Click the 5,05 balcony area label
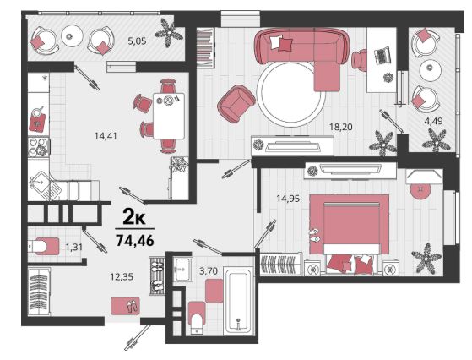pos(137,41)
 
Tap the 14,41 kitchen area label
pos(106,136)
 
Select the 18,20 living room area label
pos(341,127)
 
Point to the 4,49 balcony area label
pos(433,121)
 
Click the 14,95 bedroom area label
pos(288,199)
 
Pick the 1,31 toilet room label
pos(74,247)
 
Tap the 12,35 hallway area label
pos(122,276)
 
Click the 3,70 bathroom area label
pos(209,270)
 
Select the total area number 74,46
pos(135,240)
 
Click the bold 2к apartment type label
pos(134,217)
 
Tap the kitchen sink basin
pos(38,181)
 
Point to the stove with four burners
pos(39,147)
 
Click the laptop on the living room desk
pos(382,55)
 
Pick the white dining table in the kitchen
pos(169,116)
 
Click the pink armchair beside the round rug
pos(236,104)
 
